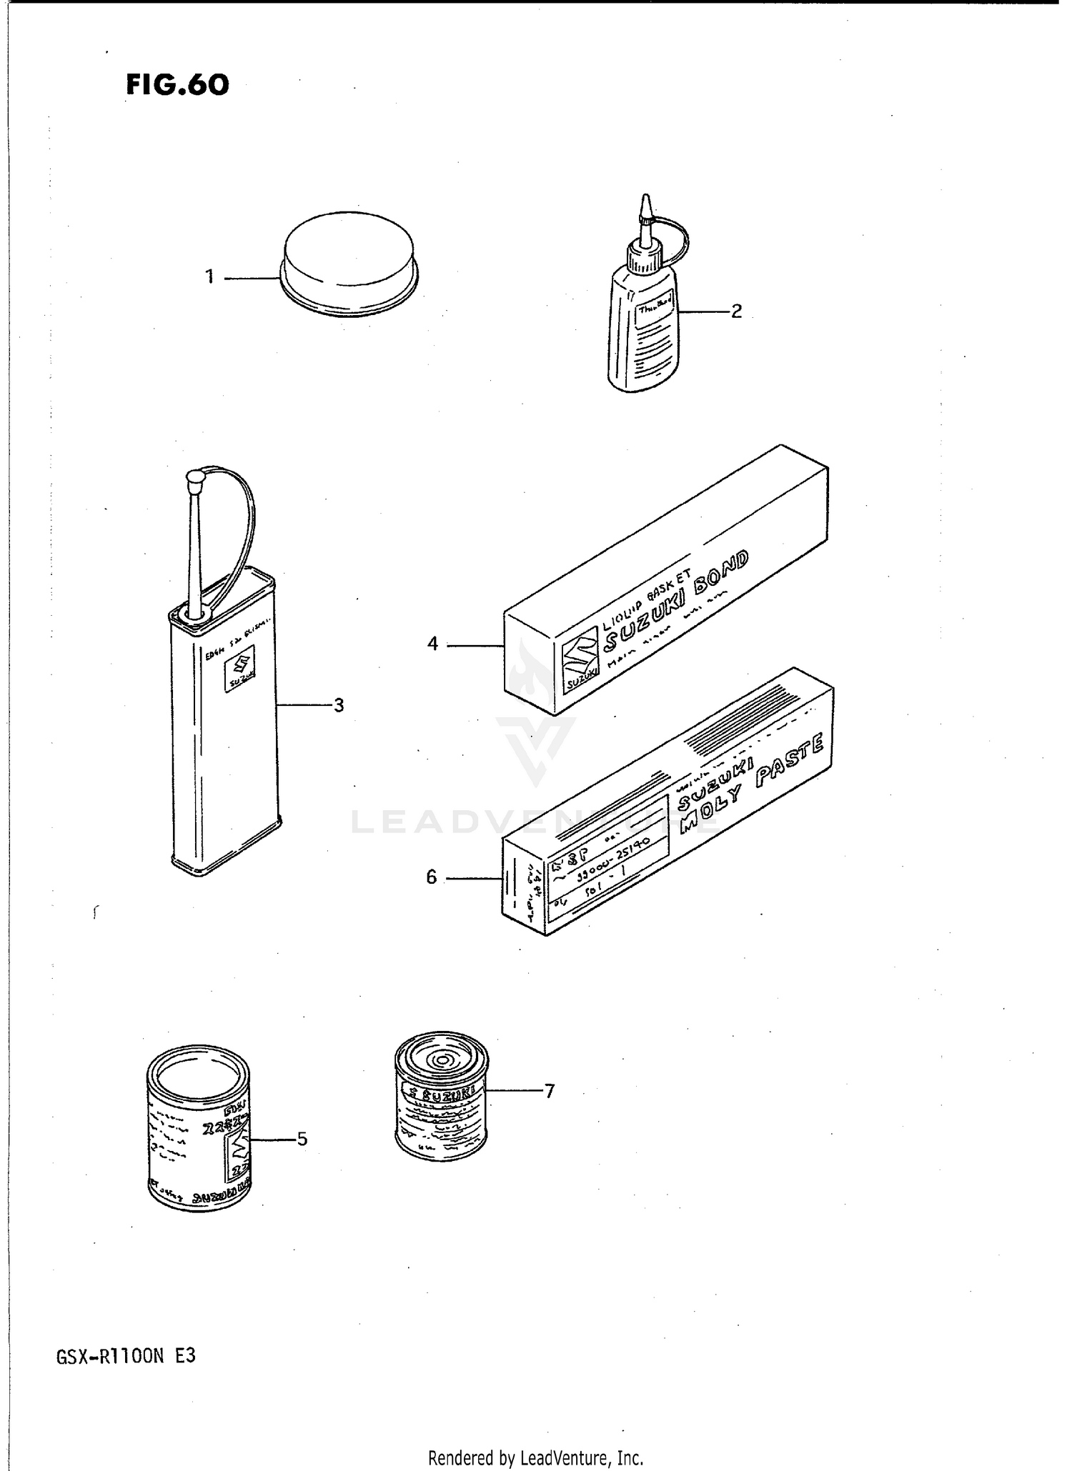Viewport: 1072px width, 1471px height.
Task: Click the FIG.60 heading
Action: point(177,85)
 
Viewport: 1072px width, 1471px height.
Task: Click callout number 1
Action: point(209,276)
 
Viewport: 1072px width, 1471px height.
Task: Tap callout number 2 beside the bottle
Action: point(736,311)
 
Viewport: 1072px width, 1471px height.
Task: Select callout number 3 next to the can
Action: point(339,705)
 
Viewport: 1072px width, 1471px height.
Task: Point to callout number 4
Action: point(432,644)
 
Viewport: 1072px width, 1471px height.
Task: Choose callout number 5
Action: point(302,1139)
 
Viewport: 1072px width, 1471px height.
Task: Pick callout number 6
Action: point(431,877)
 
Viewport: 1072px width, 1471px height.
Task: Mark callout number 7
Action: point(550,1091)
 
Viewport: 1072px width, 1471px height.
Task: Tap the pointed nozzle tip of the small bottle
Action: point(646,204)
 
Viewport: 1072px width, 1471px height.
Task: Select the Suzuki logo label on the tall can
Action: point(239,672)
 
